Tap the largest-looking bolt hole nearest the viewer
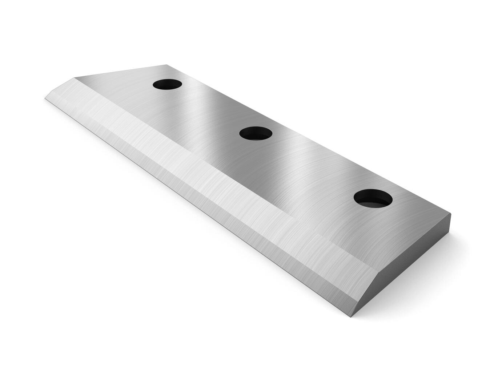click(373, 198)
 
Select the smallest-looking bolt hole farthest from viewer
click(167, 84)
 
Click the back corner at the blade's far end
click(167, 65)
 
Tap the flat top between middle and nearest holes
click(313, 167)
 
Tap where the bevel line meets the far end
click(75, 78)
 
